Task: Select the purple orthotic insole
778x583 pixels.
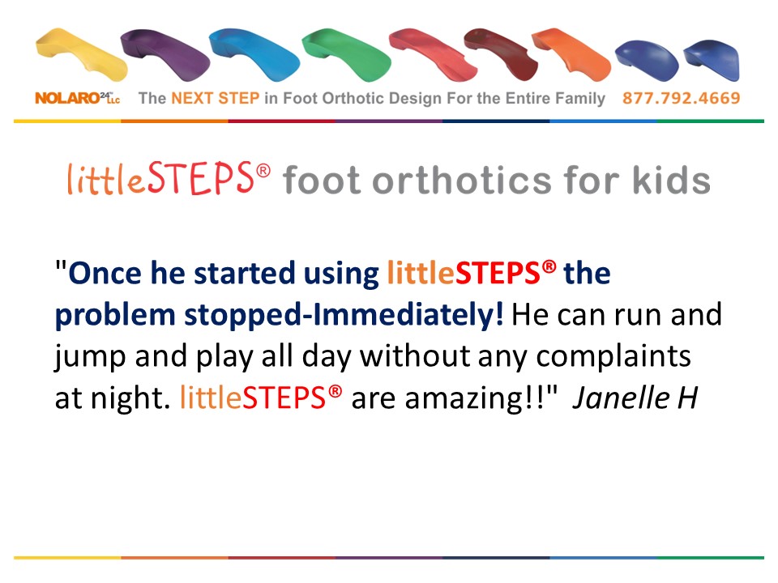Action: tap(166, 53)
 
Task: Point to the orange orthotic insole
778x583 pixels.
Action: tap(571, 53)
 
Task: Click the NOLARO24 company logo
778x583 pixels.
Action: tap(78, 98)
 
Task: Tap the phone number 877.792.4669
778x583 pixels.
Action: tap(682, 98)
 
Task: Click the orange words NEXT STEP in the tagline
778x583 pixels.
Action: tap(216, 98)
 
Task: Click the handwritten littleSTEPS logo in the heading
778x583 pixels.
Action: tap(169, 178)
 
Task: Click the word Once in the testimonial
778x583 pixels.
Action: tap(105, 273)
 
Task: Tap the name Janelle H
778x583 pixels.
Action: tap(635, 398)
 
